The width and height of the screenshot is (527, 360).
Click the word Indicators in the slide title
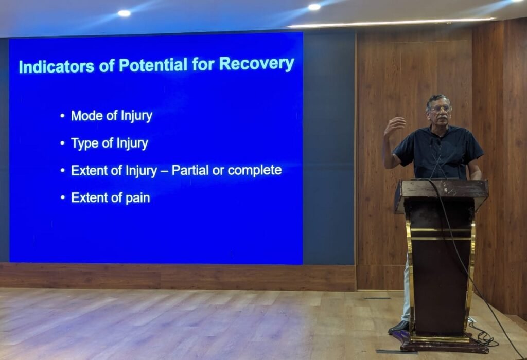click(x=57, y=66)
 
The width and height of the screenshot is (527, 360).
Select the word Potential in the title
click(x=153, y=65)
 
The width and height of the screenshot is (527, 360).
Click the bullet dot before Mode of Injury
click(x=62, y=116)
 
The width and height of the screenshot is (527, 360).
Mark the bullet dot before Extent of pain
click(x=63, y=198)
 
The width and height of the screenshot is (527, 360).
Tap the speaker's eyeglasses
click(x=440, y=109)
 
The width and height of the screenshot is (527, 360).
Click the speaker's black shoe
click(x=399, y=327)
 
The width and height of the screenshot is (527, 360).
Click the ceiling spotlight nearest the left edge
click(x=124, y=13)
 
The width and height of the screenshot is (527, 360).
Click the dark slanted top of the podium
click(x=441, y=189)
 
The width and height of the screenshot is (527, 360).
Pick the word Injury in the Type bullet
click(x=132, y=143)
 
